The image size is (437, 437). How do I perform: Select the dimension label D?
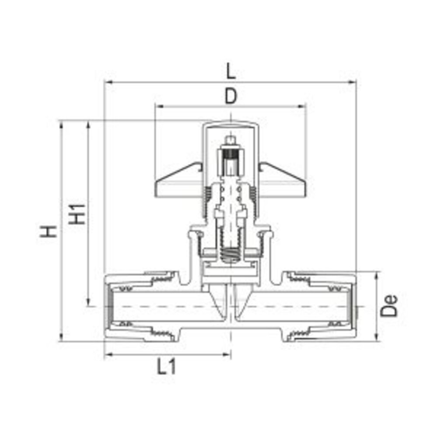tap(231, 97)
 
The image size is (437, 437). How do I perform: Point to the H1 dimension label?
tap(78, 213)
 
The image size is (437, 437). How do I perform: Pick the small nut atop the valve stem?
tap(230, 141)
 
